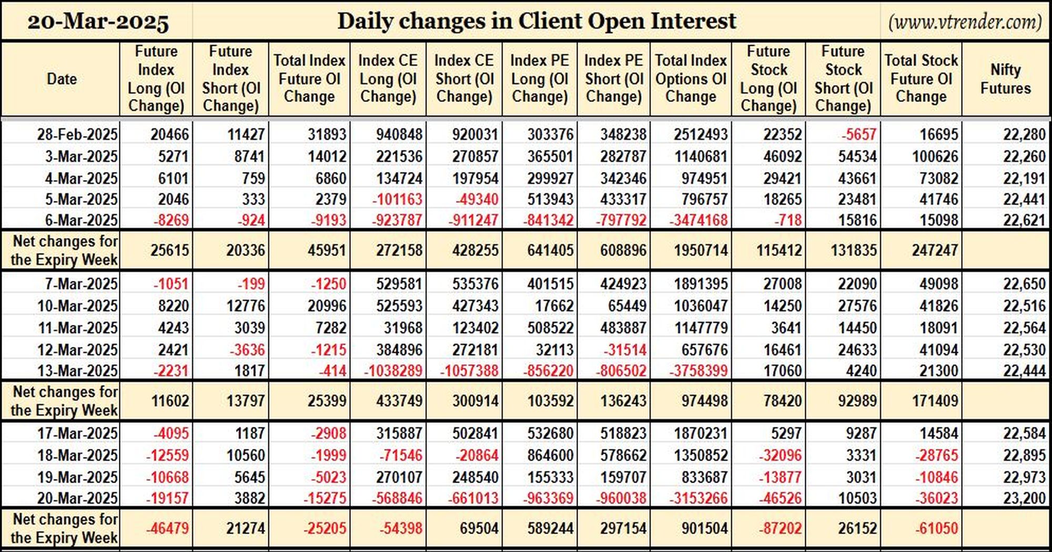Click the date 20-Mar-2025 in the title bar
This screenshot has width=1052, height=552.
point(98,22)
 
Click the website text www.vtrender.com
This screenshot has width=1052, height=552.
point(965,22)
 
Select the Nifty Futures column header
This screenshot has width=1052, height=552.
point(1005,79)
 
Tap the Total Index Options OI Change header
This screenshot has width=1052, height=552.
point(691,79)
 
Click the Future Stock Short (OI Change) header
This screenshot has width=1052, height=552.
point(843,79)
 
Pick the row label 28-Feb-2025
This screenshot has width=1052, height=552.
point(77,135)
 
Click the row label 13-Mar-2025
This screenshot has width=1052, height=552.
point(77,371)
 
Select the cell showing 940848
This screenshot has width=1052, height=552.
point(399,135)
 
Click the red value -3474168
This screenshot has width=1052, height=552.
point(699,220)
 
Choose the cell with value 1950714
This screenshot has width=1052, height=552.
point(701,250)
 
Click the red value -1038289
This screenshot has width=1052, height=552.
point(393,371)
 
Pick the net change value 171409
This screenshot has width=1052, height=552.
point(935,401)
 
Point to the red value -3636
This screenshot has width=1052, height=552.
point(246,350)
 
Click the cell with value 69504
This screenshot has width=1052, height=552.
point(479,528)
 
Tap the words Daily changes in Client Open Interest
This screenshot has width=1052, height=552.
point(537,22)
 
